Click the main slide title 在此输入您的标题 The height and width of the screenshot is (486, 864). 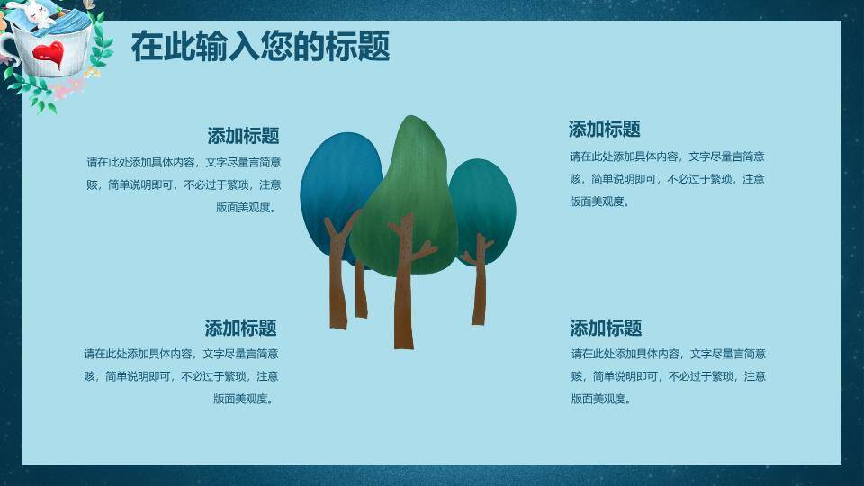pyautogui.click(x=260, y=46)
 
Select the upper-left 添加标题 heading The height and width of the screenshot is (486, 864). pyautogui.click(x=243, y=136)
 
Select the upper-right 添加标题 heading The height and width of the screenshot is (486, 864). pyautogui.click(x=604, y=129)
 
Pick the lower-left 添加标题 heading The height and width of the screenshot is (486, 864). pyautogui.click(x=240, y=328)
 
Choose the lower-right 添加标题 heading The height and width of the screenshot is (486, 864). pyautogui.click(x=606, y=328)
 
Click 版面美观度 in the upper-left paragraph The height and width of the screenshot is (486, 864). pyautogui.click(x=246, y=207)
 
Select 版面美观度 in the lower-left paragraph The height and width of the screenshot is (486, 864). pyautogui.click(x=243, y=399)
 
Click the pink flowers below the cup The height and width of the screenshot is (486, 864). pyautogui.click(x=67, y=89)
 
